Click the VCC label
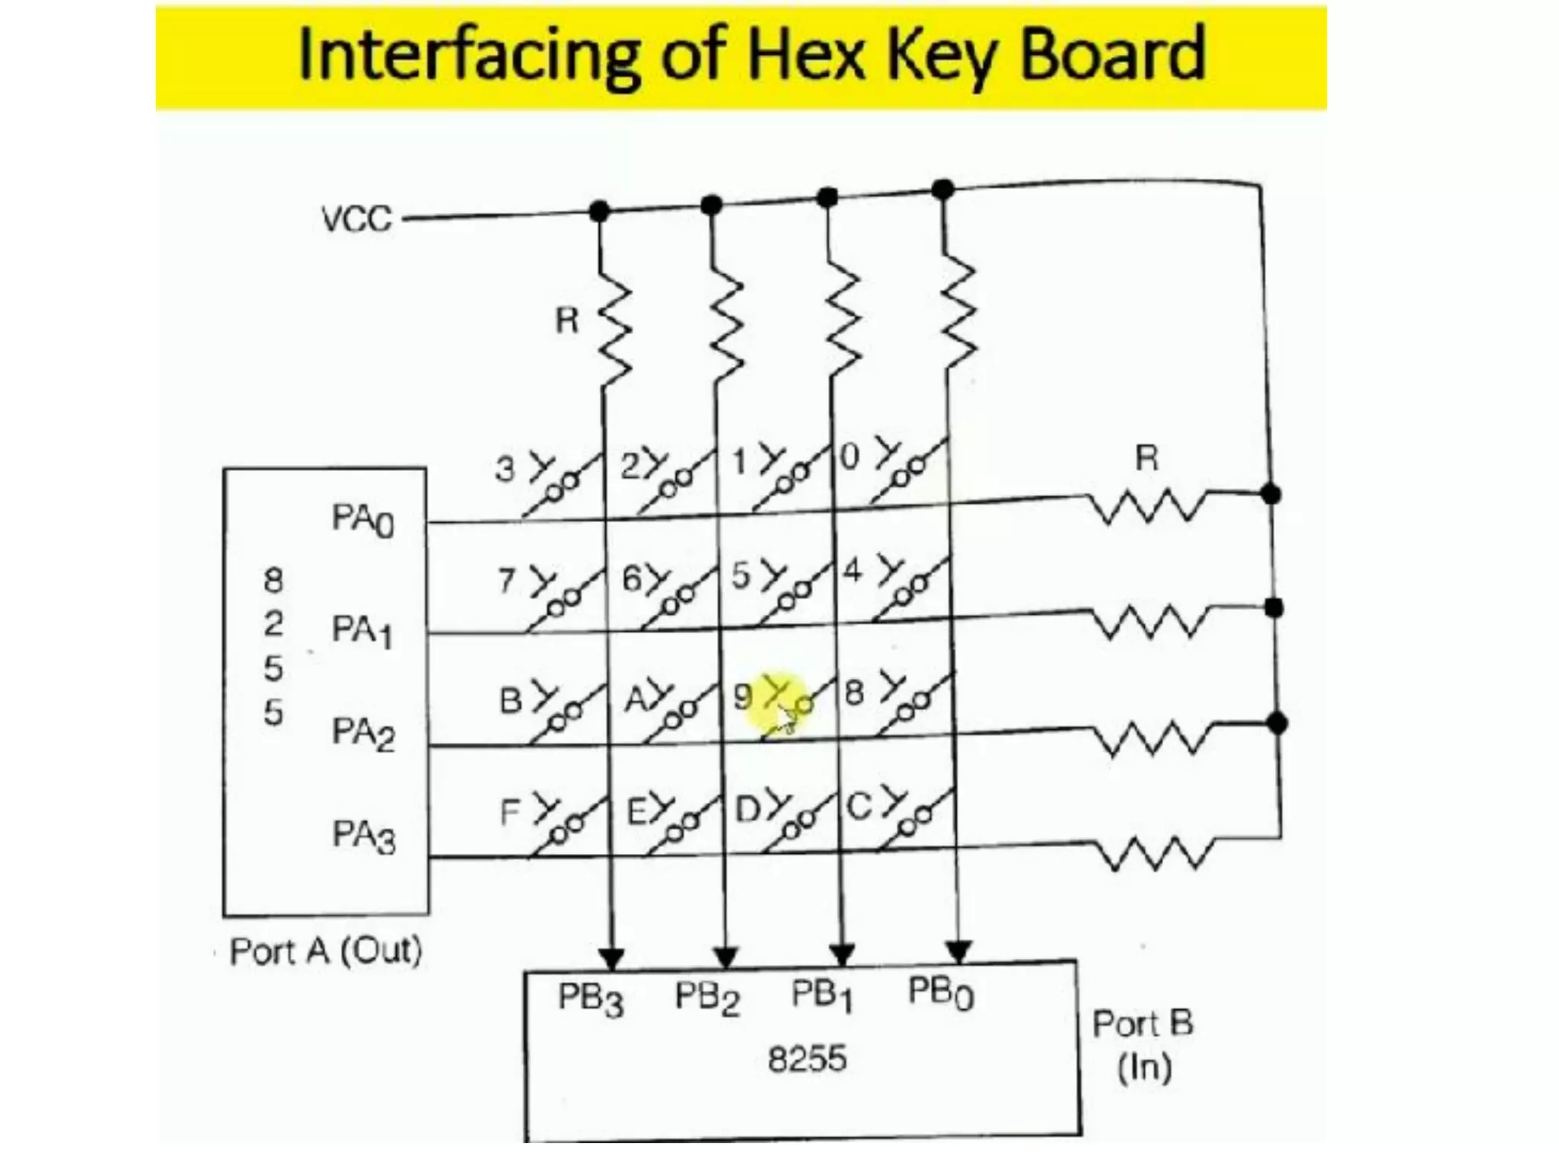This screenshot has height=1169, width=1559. pyautogui.click(x=356, y=219)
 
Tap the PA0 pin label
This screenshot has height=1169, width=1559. pyautogui.click(x=363, y=521)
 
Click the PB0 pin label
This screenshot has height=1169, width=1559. pyautogui.click(x=941, y=993)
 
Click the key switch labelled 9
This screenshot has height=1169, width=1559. pyautogui.click(x=792, y=706)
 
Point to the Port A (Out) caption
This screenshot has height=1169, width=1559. pyautogui.click(x=326, y=951)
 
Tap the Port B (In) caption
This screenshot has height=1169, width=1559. pyautogui.click(x=1143, y=1044)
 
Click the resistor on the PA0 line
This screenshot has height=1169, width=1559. pyautogui.click(x=1146, y=505)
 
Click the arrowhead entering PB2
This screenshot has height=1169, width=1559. pyautogui.click(x=726, y=956)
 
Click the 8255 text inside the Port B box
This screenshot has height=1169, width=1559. pyautogui.click(x=807, y=1059)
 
